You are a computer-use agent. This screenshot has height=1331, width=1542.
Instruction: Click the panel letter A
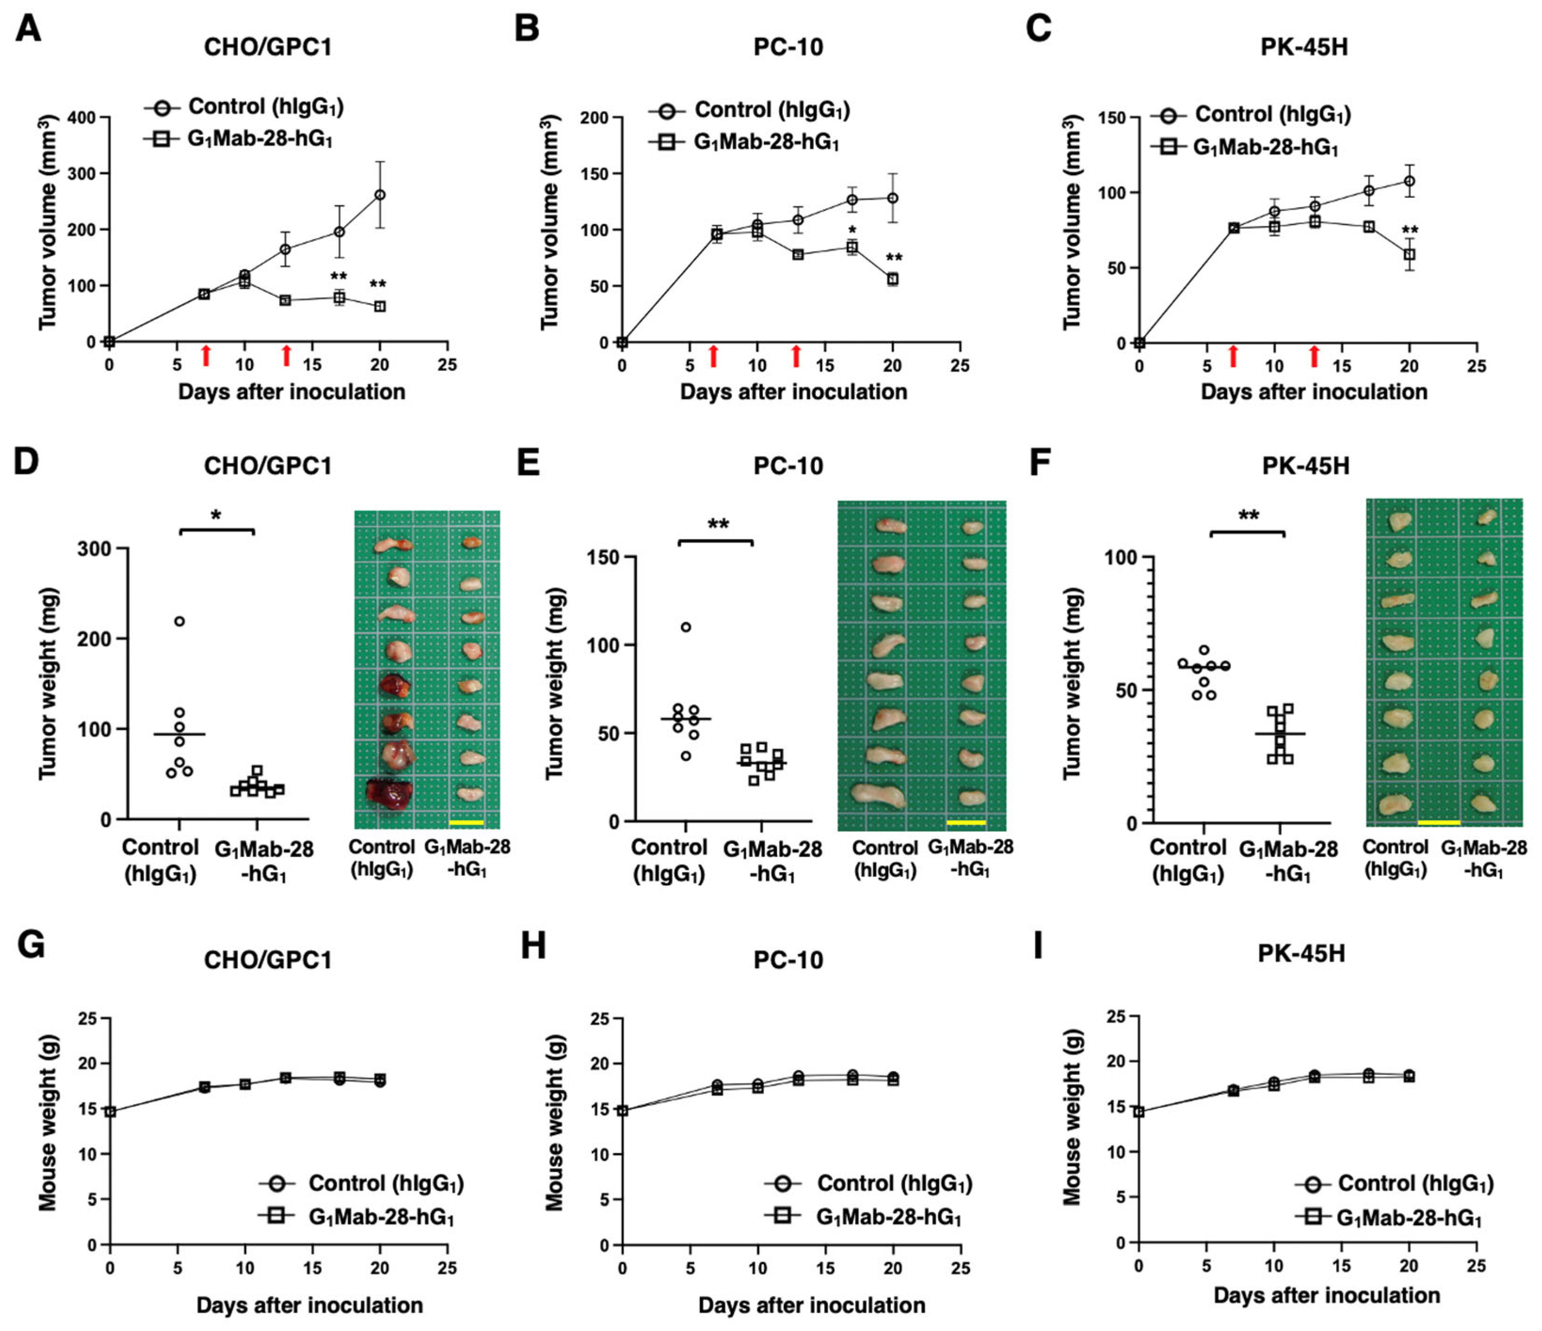coord(28,30)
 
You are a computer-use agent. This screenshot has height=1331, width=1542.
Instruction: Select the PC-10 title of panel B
coord(788,47)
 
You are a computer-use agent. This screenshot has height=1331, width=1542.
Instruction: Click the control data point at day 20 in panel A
coord(380,195)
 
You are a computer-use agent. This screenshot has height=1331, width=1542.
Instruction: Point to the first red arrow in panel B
coord(714,356)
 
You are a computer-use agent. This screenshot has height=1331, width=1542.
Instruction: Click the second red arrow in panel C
coord(1314,356)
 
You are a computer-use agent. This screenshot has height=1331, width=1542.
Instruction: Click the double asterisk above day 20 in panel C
coord(1409,231)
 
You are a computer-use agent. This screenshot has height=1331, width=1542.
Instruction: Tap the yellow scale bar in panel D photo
coord(467,823)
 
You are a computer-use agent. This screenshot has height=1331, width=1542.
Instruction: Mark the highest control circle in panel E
coord(686,627)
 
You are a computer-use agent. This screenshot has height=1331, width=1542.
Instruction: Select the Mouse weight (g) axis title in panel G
coord(48,1122)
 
